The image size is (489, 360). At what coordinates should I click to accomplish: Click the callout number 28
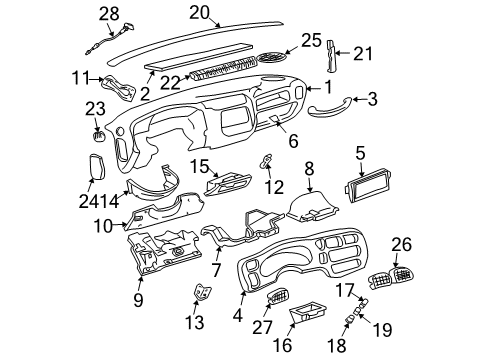(x=109, y=14)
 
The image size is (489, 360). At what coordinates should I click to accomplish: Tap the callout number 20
(x=200, y=13)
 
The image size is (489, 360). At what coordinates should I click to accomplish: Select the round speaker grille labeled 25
(x=271, y=57)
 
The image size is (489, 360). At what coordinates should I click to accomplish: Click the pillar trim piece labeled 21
(x=332, y=56)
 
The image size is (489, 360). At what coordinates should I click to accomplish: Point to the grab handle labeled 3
(x=330, y=109)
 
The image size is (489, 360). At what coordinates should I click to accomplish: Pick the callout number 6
(x=293, y=141)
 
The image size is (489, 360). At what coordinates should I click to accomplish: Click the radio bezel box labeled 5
(x=367, y=185)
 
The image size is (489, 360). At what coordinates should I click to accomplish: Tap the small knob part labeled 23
(x=98, y=136)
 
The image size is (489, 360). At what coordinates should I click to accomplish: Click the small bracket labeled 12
(x=266, y=161)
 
